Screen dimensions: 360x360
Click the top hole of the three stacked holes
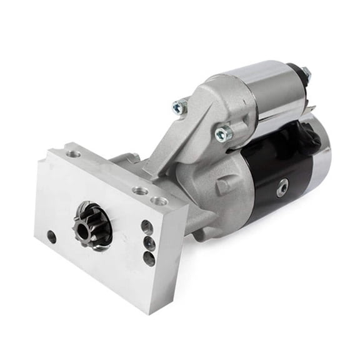click(x=147, y=227)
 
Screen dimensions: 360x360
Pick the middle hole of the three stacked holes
click(x=149, y=242)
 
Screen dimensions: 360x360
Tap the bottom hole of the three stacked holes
click(x=149, y=257)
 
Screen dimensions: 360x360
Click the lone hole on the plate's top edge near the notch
click(x=74, y=153)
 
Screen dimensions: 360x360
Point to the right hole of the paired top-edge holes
click(x=160, y=201)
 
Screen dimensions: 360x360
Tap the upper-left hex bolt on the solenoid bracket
click(x=180, y=107)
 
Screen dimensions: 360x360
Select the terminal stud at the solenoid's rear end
click(x=305, y=73)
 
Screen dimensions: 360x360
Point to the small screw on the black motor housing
click(x=283, y=186)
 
